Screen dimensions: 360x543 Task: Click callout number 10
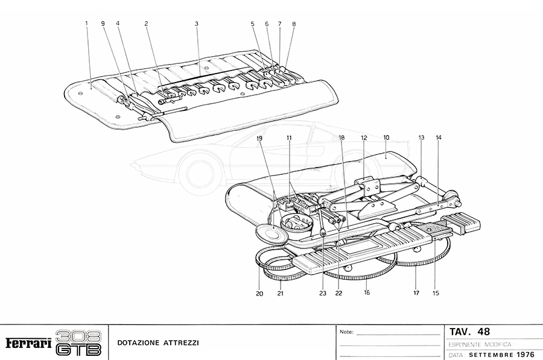click(386, 138)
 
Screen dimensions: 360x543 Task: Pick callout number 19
click(260, 138)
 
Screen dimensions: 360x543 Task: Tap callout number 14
click(439, 138)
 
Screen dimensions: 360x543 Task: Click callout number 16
click(366, 293)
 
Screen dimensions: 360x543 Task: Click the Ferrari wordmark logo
click(28, 343)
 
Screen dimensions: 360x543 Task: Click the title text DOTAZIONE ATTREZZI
click(158, 343)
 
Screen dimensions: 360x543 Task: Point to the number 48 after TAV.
click(483, 332)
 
